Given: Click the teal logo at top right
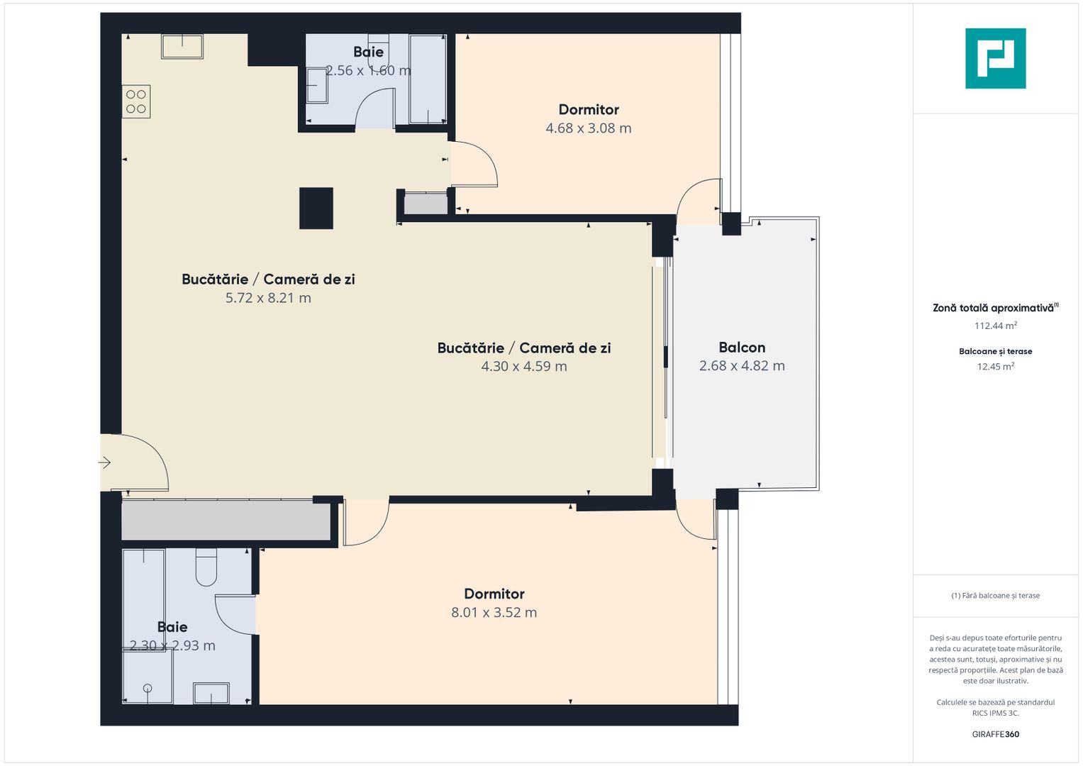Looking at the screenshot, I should pyautogui.click(x=995, y=58).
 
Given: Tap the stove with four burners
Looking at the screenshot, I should pyautogui.click(x=136, y=101).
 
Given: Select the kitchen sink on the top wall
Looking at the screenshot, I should pyautogui.click(x=182, y=47).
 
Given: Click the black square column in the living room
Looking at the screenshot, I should pyautogui.click(x=316, y=208).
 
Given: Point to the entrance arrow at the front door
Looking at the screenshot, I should pyautogui.click(x=105, y=463).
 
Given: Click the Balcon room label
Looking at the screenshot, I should pyautogui.click(x=742, y=348).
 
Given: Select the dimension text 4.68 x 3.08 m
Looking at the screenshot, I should pyautogui.click(x=588, y=128).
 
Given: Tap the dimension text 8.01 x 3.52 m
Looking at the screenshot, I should pyautogui.click(x=494, y=613).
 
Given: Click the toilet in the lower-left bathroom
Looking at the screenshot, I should pyautogui.click(x=206, y=567).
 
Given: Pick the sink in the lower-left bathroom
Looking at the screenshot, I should pyautogui.click(x=211, y=693).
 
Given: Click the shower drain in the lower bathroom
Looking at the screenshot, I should pyautogui.click(x=148, y=688).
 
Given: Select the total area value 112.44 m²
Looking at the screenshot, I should pyautogui.click(x=995, y=326).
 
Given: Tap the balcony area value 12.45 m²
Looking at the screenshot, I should pyautogui.click(x=995, y=367).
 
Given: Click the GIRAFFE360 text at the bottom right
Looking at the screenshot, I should pyautogui.click(x=995, y=734).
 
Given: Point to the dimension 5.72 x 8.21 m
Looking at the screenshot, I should pyautogui.click(x=268, y=298).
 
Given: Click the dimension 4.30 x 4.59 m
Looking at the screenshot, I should pyautogui.click(x=524, y=367).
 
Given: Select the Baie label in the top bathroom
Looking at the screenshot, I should pyautogui.click(x=368, y=52).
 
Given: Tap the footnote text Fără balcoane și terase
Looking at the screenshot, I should pyautogui.click(x=995, y=596).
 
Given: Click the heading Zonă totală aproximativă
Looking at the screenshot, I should pyautogui.click(x=993, y=308).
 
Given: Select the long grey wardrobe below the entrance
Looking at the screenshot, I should pyautogui.click(x=226, y=521).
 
